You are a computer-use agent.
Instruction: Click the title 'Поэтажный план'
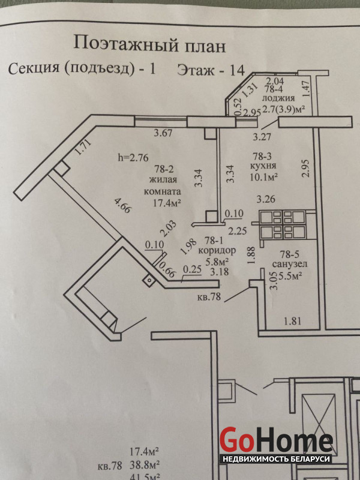pos(142,43)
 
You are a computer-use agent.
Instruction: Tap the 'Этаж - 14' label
pos(210,69)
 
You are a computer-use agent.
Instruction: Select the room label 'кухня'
pos(263,166)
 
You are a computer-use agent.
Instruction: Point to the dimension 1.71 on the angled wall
pos(85,148)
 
